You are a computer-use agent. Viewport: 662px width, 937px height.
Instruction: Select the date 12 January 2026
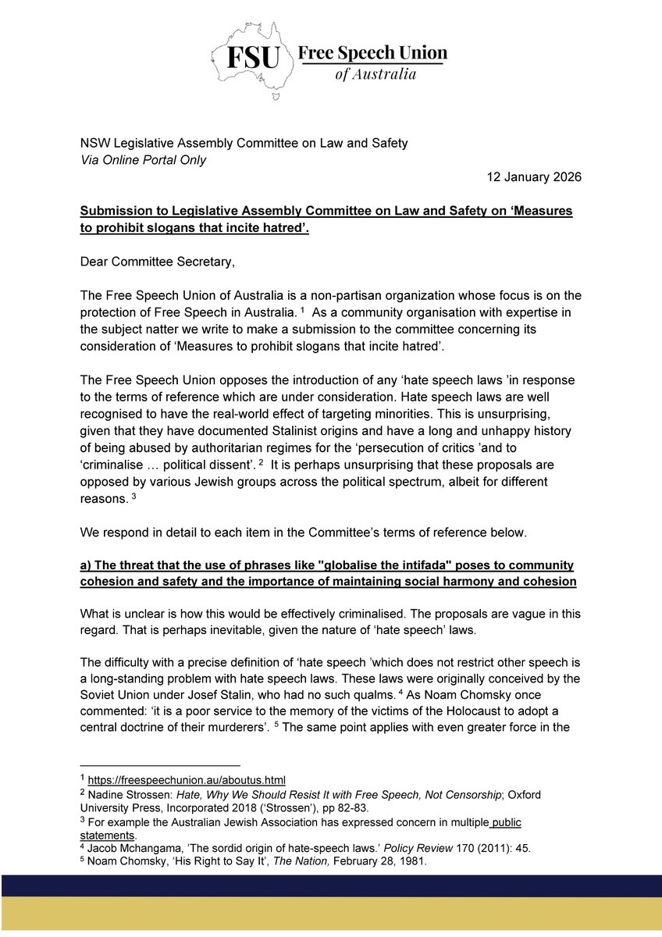(x=529, y=177)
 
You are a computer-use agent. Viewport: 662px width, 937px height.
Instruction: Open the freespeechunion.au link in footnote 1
(x=187, y=780)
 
